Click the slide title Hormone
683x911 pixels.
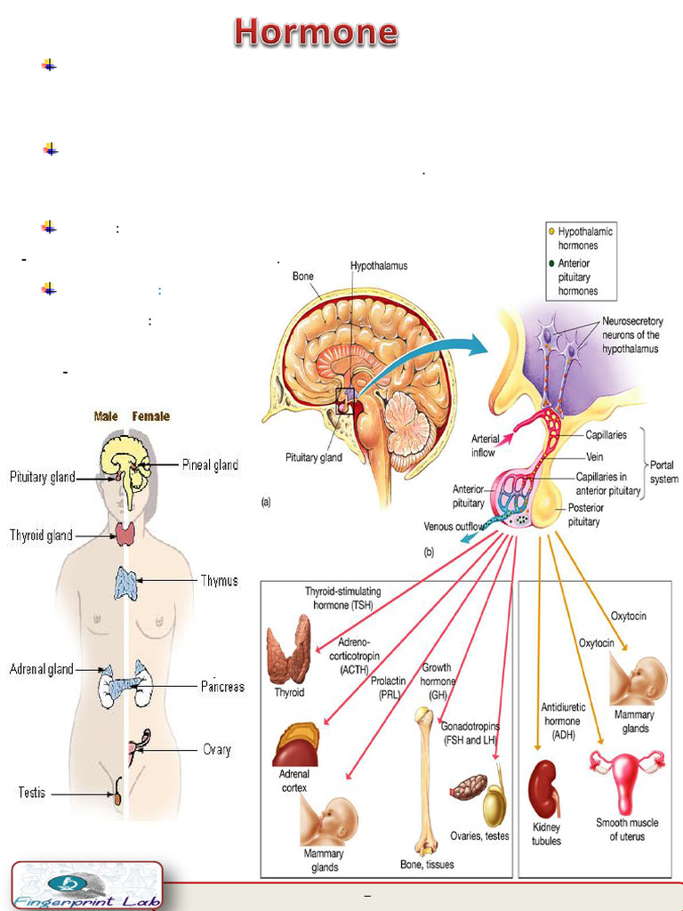(316, 32)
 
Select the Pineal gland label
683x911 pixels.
(210, 464)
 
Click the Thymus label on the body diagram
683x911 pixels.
(219, 581)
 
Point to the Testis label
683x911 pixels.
(32, 791)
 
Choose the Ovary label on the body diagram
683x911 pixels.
(216, 750)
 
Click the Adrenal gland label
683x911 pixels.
(41, 669)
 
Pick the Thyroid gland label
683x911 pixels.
(41, 536)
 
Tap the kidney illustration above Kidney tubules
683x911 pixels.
(543, 788)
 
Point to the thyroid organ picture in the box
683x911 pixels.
(289, 650)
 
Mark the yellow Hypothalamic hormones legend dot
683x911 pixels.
(551, 231)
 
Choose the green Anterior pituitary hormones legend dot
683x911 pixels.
(551, 263)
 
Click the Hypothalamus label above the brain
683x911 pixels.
(379, 266)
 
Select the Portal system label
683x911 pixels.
(663, 472)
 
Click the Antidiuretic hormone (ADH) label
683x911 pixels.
(561, 721)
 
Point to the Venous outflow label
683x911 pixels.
(454, 527)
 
